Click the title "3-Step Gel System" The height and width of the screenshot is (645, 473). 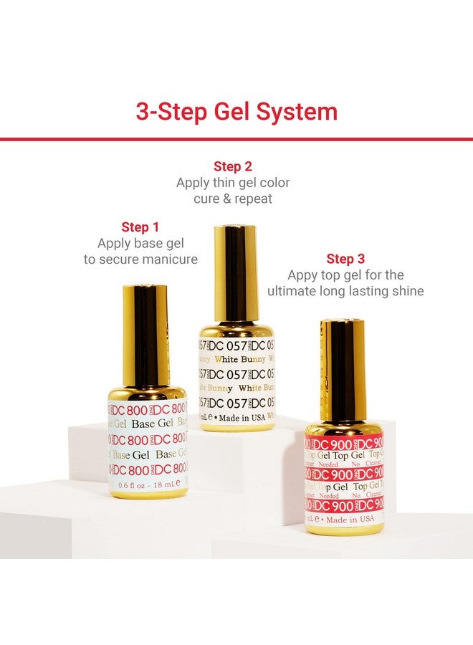tap(236, 112)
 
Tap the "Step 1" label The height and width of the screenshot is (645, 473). tap(140, 227)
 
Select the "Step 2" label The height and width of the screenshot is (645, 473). tap(233, 167)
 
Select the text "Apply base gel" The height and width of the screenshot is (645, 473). tap(140, 244)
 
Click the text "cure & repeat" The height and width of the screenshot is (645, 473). tap(233, 199)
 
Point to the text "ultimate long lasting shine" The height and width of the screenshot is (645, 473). tap(345, 291)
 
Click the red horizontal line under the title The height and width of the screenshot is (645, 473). tap(236, 138)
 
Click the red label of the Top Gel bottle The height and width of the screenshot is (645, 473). tap(344, 473)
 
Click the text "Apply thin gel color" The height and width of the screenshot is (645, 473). tap(233, 183)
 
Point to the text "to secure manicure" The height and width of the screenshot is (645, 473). tap(140, 259)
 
